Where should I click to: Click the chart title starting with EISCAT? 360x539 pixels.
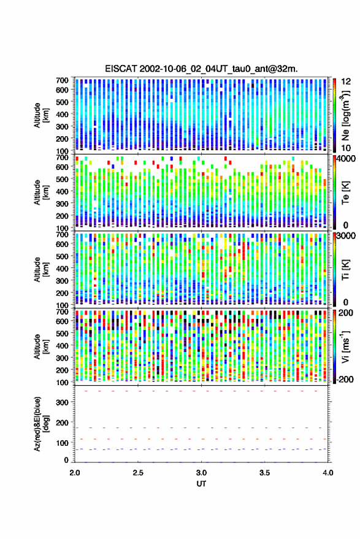[201, 69]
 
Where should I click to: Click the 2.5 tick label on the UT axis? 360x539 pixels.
[138, 473]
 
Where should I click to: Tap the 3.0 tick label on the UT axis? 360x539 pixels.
[202, 473]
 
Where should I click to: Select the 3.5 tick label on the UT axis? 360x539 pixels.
[264, 473]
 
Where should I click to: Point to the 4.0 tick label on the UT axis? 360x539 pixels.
[327, 473]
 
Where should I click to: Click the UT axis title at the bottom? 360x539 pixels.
[201, 484]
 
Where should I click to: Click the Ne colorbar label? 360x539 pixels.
[345, 115]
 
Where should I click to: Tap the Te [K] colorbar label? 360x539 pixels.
[345, 193]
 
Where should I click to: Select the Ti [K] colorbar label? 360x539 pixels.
[345, 270]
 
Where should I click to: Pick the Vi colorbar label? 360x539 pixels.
[345, 346]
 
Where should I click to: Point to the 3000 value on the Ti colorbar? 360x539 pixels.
[346, 236]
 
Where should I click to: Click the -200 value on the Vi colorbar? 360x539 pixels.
[345, 379]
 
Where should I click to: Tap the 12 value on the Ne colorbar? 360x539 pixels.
[346, 82]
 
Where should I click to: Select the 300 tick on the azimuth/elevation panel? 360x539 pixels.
[62, 402]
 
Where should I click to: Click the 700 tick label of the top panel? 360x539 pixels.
[62, 80]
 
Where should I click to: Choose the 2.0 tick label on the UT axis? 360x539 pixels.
[75, 473]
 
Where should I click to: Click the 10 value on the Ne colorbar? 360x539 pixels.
[346, 148]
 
